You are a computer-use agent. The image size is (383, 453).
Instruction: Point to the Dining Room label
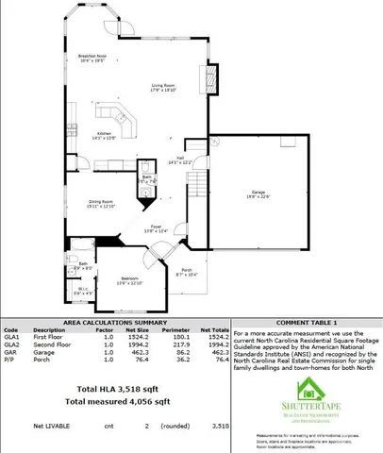[x=101, y=203]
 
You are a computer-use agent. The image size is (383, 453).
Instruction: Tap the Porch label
[x=187, y=272]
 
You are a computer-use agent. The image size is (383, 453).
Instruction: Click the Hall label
[x=179, y=160]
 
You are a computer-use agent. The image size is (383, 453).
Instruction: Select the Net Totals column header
[x=216, y=331]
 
